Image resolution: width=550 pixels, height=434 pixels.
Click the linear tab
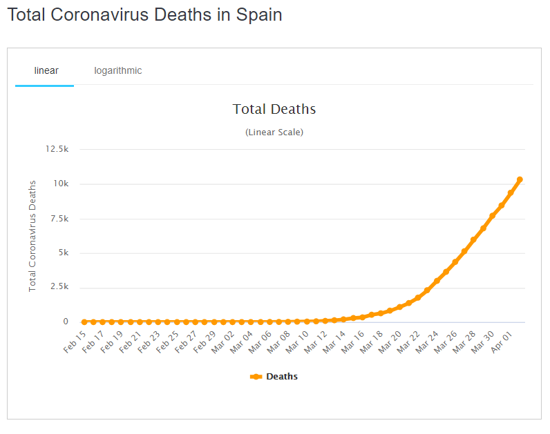point(46,70)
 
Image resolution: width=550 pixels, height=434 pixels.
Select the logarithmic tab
point(118,70)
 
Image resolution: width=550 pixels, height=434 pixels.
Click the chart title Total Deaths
point(274,109)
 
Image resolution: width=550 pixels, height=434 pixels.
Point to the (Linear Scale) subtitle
point(274,132)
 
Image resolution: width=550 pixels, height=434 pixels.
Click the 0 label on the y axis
point(66,322)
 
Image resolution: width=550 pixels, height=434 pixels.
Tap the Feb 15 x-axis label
point(74,342)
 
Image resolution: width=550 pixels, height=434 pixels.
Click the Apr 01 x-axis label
point(501,342)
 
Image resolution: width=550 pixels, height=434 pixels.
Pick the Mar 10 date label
point(296,342)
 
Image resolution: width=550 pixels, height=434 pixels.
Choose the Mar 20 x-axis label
point(389,342)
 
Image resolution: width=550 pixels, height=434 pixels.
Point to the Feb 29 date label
point(204,342)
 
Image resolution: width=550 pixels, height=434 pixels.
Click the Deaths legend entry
point(274,377)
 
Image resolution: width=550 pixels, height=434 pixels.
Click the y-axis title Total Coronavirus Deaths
point(32,235)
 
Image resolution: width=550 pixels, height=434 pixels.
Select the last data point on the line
point(520,179)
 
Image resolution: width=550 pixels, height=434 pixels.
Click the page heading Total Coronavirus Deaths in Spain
point(144,14)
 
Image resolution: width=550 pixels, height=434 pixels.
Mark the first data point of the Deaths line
point(84,322)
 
